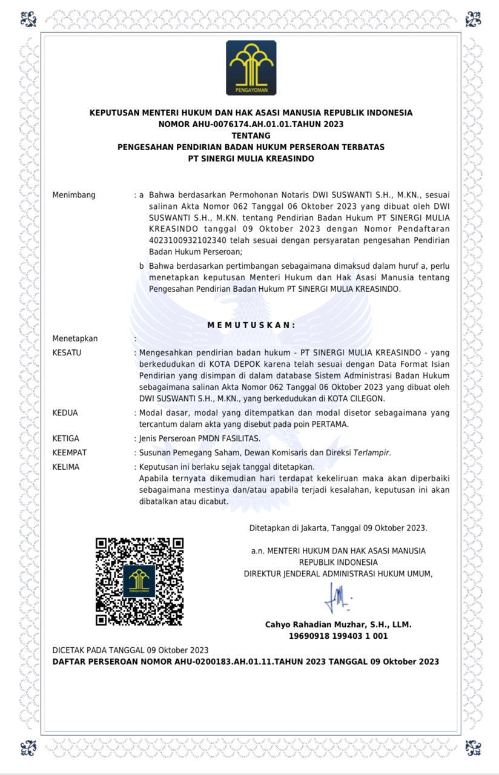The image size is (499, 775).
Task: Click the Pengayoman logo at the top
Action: tap(251, 68)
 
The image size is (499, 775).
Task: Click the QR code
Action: tap(139, 581)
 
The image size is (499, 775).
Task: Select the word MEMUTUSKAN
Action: tap(251, 325)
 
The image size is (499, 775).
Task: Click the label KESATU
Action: tap(67, 352)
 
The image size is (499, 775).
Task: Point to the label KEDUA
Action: tap(65, 413)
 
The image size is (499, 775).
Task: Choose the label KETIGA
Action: tap(65, 438)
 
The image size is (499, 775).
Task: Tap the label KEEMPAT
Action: tap(69, 453)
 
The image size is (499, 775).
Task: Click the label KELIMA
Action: tap(65, 467)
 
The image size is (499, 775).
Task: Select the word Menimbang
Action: tap(74, 195)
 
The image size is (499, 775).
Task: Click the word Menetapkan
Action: tap(74, 338)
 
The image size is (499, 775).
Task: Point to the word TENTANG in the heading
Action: tap(251, 136)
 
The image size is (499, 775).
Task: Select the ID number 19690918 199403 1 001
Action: tap(338, 636)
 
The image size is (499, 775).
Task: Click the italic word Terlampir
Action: tap(372, 453)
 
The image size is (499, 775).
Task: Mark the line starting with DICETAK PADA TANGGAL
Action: tap(130, 650)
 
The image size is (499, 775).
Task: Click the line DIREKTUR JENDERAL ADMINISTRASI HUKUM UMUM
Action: tap(338, 574)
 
